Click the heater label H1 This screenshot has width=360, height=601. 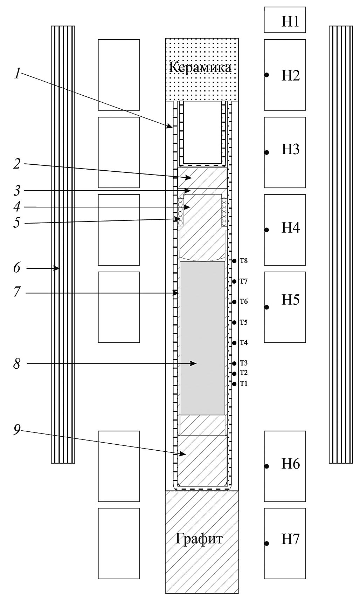[x=290, y=22]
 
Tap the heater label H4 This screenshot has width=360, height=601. [x=291, y=228]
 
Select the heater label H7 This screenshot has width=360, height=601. [x=291, y=539]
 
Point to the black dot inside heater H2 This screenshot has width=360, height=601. [x=267, y=75]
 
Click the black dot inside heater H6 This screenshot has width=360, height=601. [x=267, y=466]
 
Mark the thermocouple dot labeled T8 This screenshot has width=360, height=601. [x=234, y=261]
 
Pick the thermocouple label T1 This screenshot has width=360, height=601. [x=244, y=384]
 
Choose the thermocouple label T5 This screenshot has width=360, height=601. [x=244, y=322]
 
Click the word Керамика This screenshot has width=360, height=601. [x=200, y=67]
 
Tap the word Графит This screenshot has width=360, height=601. [x=199, y=539]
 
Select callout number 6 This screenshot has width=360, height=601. [x=17, y=268]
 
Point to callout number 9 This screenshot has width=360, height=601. [x=17, y=430]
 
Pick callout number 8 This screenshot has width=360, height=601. [x=17, y=364]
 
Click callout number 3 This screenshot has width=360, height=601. [x=17, y=191]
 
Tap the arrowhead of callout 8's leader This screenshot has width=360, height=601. [x=195, y=364]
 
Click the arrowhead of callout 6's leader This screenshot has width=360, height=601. [x=57, y=268]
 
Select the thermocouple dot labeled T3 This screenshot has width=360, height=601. [x=234, y=363]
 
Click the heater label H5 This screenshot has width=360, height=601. [x=291, y=300]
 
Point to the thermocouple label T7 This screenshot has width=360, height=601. [x=244, y=281]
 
